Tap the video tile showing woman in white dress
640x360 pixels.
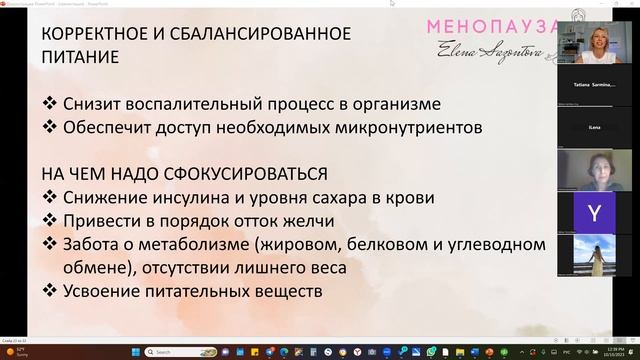pos(595,257)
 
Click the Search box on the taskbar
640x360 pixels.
pos(190,351)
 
